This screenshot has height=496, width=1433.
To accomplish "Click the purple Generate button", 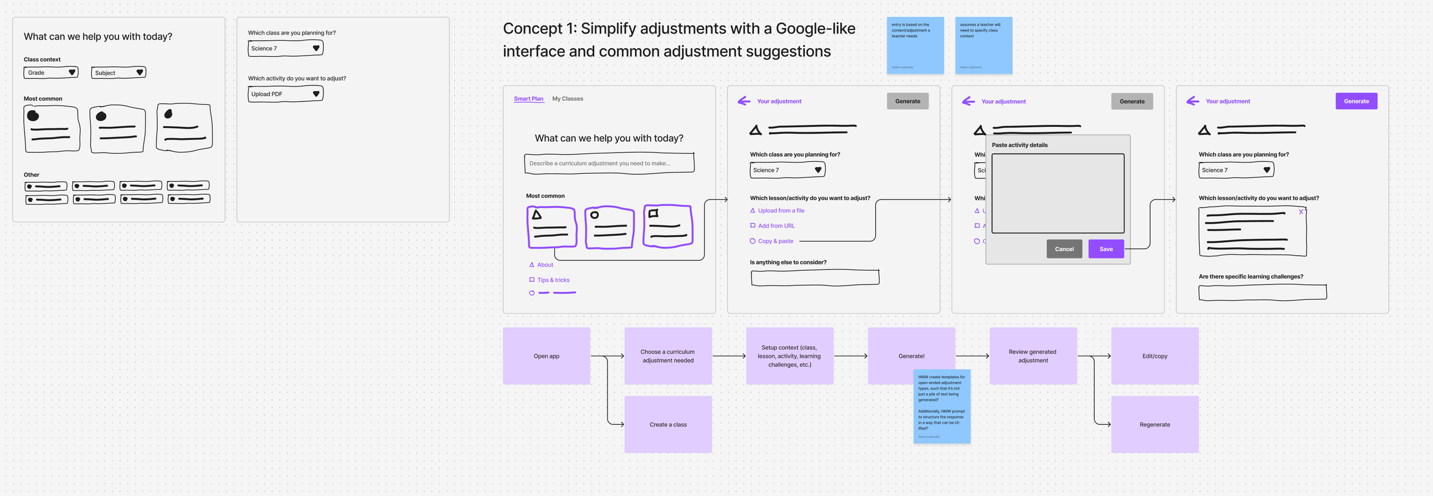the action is click(1356, 101).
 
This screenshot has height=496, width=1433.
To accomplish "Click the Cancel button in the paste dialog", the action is click(1064, 249).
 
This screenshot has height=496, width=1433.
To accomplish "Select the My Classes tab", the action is click(567, 99).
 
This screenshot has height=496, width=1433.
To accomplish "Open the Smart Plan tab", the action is click(528, 99).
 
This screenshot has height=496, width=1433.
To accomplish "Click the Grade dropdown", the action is click(51, 73).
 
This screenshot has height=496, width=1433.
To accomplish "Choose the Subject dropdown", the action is click(119, 73).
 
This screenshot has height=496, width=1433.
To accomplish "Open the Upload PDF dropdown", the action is click(285, 94).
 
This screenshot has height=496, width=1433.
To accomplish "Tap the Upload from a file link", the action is click(781, 211).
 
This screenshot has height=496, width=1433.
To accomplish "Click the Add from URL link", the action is click(776, 226).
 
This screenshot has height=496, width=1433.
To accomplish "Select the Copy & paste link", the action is click(776, 241).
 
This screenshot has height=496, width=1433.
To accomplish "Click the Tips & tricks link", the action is click(553, 280).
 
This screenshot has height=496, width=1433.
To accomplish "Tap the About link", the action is click(545, 265).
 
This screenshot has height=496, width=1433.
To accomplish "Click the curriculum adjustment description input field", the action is click(609, 163).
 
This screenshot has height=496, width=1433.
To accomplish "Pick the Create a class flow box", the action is click(668, 424).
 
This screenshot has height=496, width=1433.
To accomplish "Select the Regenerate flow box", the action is click(1154, 424).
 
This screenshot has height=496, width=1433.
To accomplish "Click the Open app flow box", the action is click(546, 356).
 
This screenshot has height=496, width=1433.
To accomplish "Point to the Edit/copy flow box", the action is click(1154, 356).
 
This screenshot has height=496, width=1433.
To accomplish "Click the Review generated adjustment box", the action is click(1032, 356).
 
